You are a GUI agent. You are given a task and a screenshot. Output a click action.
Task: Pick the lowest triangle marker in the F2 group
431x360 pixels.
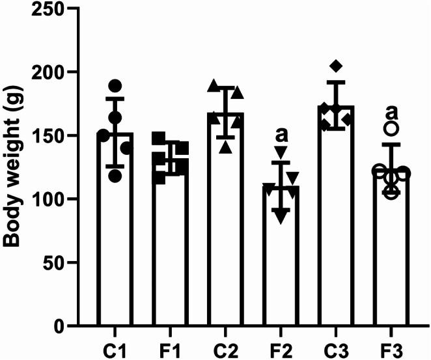(x=281, y=218)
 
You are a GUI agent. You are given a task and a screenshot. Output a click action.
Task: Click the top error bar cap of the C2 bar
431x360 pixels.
(x=227, y=87)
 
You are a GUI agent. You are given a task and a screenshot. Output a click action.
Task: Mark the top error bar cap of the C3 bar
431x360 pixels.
(x=339, y=82)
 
